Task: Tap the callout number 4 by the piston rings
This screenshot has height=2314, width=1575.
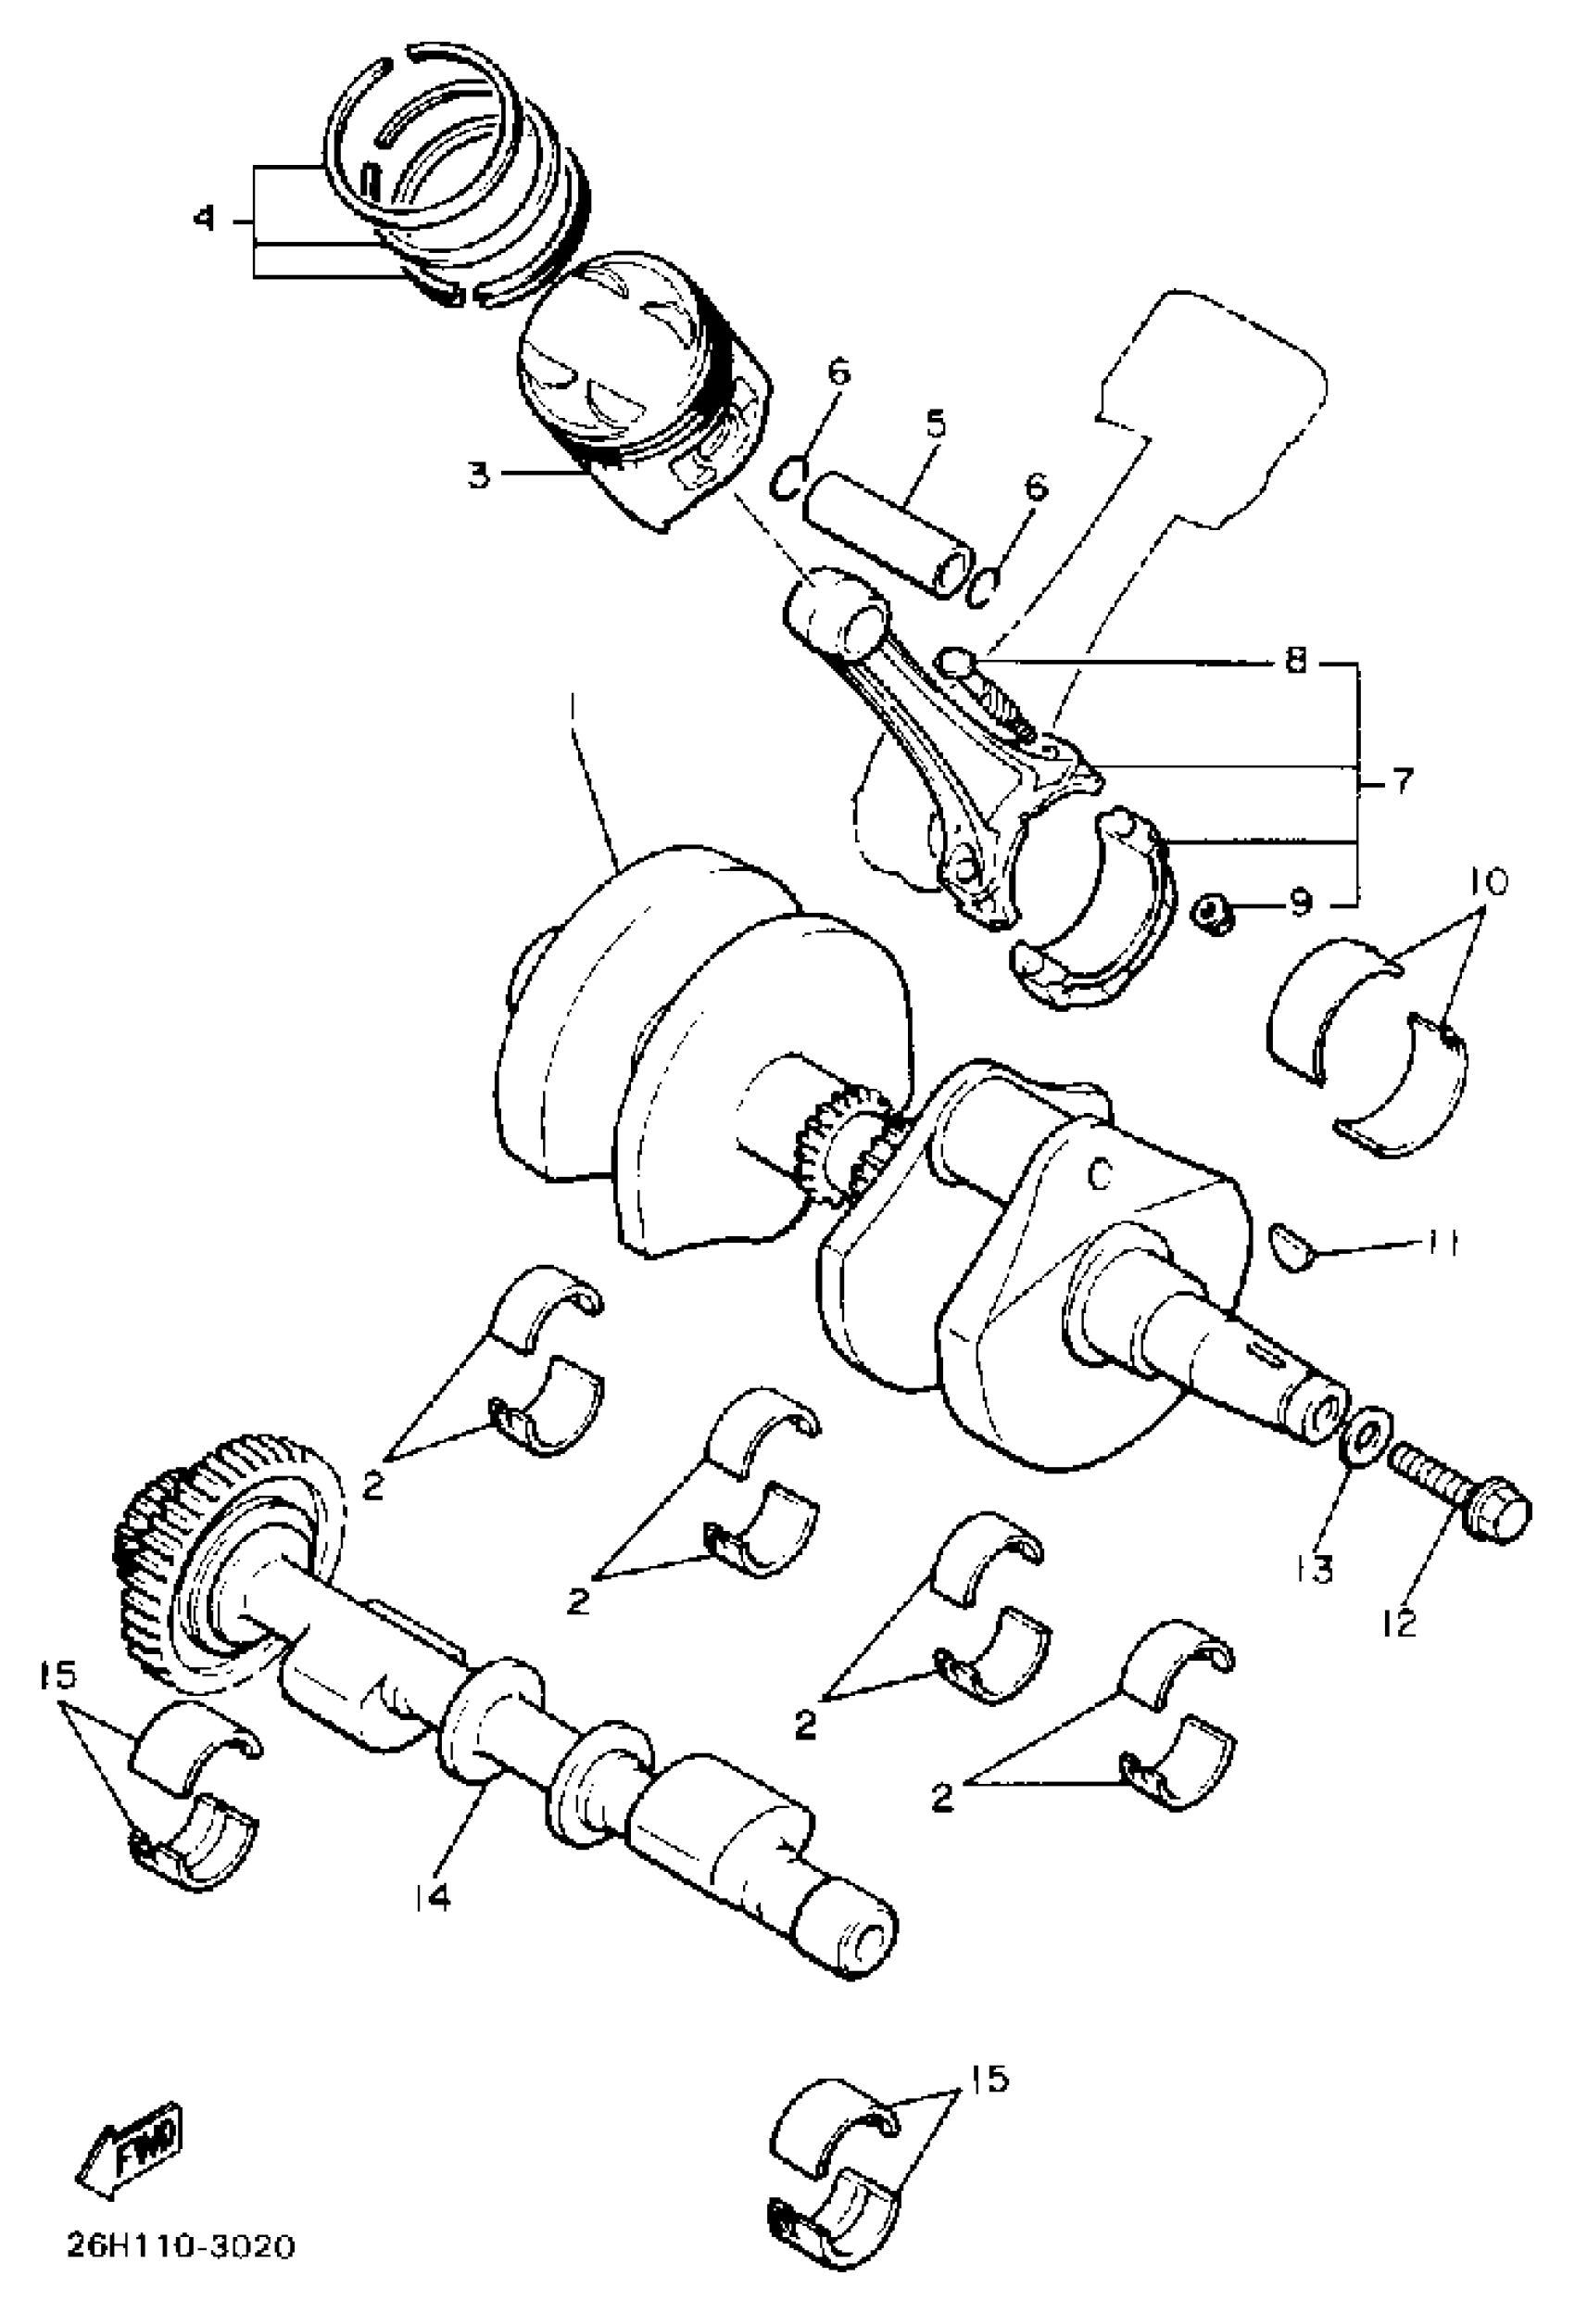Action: (204, 218)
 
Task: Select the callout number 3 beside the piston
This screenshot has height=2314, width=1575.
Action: (480, 475)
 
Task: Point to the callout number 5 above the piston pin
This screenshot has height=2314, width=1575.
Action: (935, 424)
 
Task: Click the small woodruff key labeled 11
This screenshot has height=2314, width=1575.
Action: (1292, 1246)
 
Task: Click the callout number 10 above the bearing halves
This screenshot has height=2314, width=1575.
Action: (1485, 881)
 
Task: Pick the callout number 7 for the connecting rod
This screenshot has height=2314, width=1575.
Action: (1401, 781)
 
